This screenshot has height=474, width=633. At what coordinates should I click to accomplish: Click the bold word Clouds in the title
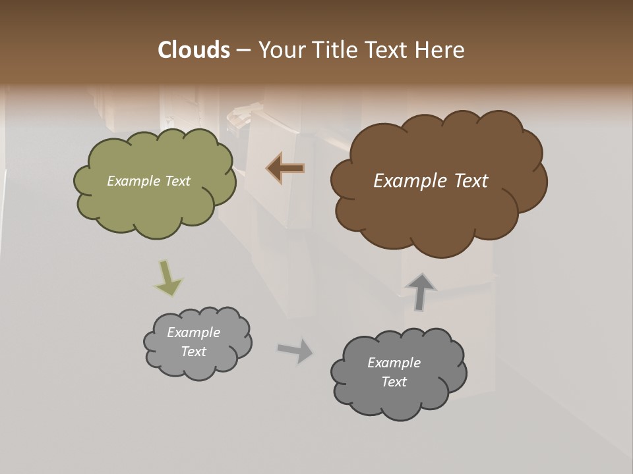pyautogui.click(x=194, y=50)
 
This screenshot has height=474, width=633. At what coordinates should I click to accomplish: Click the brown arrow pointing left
pyautogui.click(x=286, y=169)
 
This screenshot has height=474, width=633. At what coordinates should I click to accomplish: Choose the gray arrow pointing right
pyautogui.click(x=295, y=350)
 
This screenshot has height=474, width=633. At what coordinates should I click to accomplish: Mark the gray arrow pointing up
pyautogui.click(x=421, y=291)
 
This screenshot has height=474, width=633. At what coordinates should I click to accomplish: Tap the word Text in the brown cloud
pyautogui.click(x=470, y=181)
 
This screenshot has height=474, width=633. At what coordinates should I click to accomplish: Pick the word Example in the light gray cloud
pyautogui.click(x=194, y=332)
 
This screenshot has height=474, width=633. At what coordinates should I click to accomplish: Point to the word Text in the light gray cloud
pyautogui.click(x=194, y=352)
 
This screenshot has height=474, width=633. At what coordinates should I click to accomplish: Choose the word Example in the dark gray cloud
pyautogui.click(x=394, y=363)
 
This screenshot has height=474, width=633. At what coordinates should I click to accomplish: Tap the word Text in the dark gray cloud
pyautogui.click(x=394, y=382)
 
